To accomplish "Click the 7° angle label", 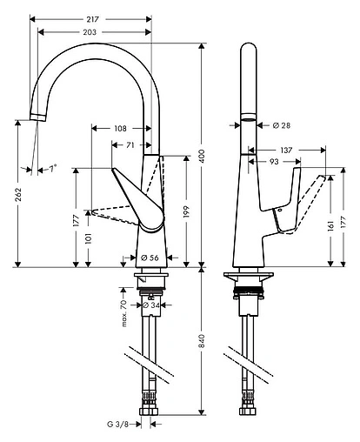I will pos(51,167).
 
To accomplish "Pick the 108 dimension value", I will pos(121,128).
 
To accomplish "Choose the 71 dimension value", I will pos(130,145).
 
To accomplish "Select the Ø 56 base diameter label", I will pos(149,257).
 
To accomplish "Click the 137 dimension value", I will pos(288,150).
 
